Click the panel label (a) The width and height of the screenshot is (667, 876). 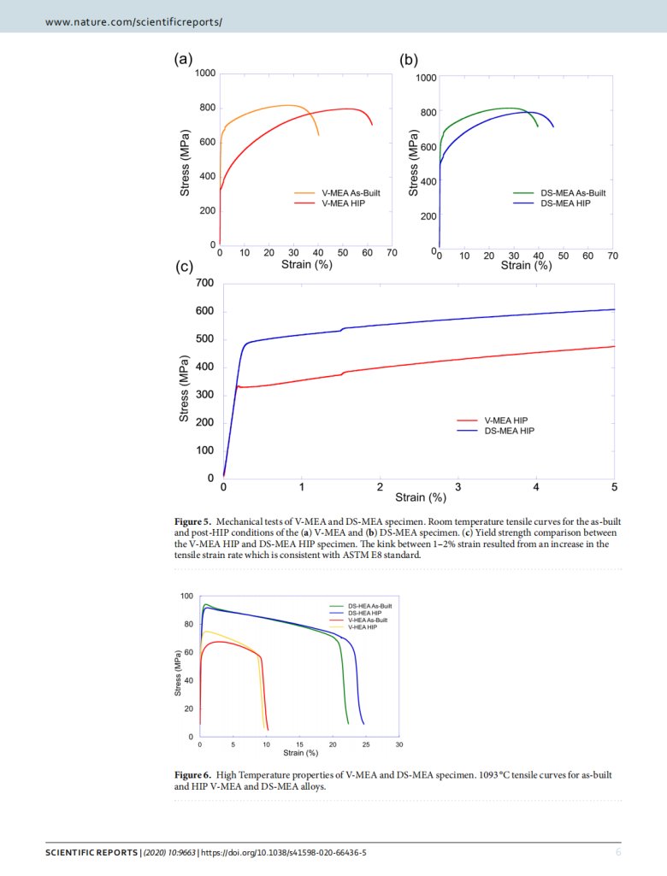pos(182,59)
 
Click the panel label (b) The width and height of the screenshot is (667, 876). pos(409,60)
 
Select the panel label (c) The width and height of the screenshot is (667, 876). pos(185,267)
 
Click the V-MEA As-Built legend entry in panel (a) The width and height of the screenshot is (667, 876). pos(350,194)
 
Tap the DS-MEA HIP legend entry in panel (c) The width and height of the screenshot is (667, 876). pos(510,431)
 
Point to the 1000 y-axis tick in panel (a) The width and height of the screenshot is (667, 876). pos(204,73)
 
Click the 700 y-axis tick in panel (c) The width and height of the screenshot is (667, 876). pos(204,283)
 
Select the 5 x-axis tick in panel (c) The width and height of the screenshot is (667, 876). pos(614,487)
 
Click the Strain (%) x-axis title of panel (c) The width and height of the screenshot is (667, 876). pos(420,497)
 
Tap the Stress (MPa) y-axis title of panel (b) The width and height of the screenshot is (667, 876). pos(414,164)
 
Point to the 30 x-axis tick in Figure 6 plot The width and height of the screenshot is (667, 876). pos(399,745)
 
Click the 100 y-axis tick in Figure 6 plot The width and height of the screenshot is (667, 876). pos(186,596)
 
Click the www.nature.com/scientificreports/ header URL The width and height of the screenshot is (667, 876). pos(133,20)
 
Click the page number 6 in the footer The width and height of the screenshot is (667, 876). pos(618,853)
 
